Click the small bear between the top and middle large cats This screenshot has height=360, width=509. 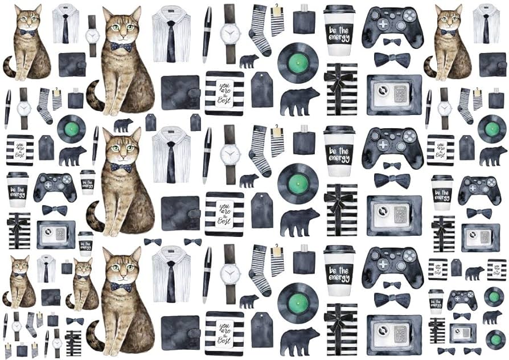coord(123,125)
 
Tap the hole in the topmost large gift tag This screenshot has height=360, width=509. coord(262,76)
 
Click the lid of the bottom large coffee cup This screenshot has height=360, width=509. coord(339,251)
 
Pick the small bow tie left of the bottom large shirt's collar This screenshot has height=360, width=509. coord(153,242)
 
